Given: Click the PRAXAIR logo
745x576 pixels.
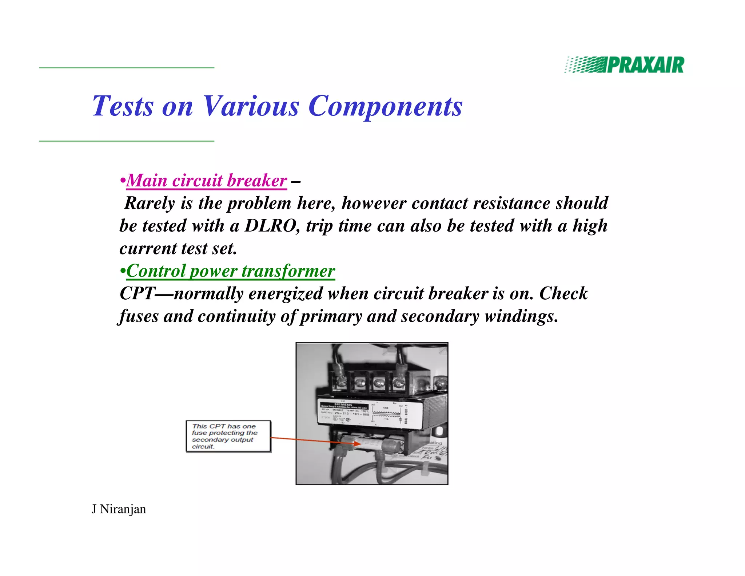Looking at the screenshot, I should pos(624,65).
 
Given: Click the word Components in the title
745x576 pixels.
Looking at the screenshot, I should pos(385,106).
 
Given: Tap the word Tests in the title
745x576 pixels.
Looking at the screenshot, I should pos(123,106).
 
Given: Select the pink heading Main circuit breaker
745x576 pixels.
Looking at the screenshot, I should pos(206,181).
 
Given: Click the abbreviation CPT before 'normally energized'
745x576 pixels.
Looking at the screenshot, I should pos(137,293).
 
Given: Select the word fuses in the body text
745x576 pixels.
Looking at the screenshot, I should pos(139,316).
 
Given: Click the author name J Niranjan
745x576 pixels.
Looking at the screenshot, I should pos(119,509).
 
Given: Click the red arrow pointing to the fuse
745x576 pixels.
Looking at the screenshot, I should pos(313,441).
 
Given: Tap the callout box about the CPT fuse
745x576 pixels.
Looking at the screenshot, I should pos(228,436).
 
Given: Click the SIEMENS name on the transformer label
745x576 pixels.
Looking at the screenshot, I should pos(343,405).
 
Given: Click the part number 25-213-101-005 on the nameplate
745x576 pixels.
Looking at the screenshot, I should pos(351,414).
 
